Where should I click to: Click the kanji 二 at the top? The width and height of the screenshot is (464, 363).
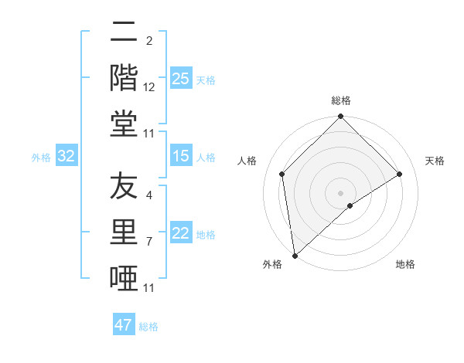pyautogui.click(x=124, y=32)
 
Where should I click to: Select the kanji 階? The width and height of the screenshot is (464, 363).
pyautogui.click(x=124, y=78)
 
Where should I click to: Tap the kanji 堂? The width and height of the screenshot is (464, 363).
pyautogui.click(x=124, y=124)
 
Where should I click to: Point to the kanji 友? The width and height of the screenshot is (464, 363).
pyautogui.click(x=124, y=186)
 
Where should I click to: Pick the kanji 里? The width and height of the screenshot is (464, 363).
pyautogui.click(x=124, y=232)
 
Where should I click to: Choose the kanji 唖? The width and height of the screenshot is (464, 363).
pyautogui.click(x=124, y=277)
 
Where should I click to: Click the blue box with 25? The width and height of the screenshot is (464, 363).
pyautogui.click(x=181, y=79)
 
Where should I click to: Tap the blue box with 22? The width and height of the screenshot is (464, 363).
pyautogui.click(x=181, y=234)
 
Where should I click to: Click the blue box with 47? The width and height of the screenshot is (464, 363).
pyautogui.click(x=124, y=325)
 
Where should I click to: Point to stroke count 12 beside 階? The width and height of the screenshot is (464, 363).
pyautogui.click(x=149, y=87)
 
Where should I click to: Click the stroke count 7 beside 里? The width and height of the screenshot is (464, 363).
pyautogui.click(x=149, y=242)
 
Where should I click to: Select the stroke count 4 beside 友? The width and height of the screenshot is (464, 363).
pyautogui.click(x=149, y=195)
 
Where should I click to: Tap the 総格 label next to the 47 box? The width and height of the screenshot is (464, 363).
pyautogui.click(x=148, y=327)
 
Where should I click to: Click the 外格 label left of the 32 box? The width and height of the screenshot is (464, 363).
pyautogui.click(x=41, y=158)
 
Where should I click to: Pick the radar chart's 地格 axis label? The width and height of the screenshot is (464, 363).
pyautogui.click(x=405, y=265)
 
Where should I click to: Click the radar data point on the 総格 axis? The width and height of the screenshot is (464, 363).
pyautogui.click(x=341, y=117)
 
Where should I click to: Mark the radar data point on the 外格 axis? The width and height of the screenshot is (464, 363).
pyautogui.click(x=295, y=255)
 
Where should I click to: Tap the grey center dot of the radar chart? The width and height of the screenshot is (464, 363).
pyautogui.click(x=341, y=192)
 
